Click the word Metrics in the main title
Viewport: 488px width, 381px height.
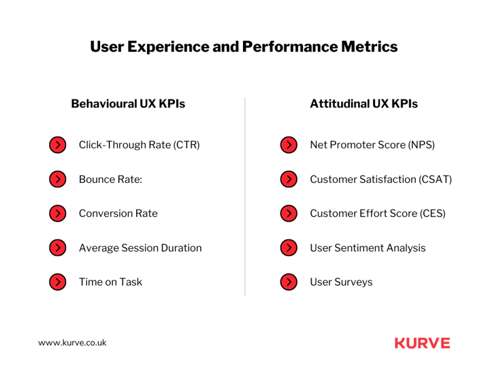(369, 47)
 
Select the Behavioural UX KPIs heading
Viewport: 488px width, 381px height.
(128, 103)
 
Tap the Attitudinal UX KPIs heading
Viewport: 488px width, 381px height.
(364, 103)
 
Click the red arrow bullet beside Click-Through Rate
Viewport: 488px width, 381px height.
(58, 145)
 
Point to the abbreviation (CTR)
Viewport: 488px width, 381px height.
(186, 145)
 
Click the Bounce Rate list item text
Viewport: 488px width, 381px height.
(110, 179)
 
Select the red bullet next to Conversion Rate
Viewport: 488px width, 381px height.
(58, 214)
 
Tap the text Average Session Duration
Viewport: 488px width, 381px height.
(140, 248)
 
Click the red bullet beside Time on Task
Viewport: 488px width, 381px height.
(58, 282)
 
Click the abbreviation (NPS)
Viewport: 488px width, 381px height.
(421, 145)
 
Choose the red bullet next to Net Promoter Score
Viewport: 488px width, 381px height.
(289, 145)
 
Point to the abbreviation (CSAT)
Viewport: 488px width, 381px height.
(435, 180)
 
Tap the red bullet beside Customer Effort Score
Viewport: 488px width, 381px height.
(289, 214)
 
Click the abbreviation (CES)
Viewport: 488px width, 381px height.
(433, 214)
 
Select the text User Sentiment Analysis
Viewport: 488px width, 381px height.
(368, 248)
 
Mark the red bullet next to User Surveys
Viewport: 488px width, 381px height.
(289, 282)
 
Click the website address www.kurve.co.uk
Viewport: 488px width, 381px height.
(72, 343)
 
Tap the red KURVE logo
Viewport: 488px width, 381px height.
(423, 343)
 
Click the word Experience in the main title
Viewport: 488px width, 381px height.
(168, 47)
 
